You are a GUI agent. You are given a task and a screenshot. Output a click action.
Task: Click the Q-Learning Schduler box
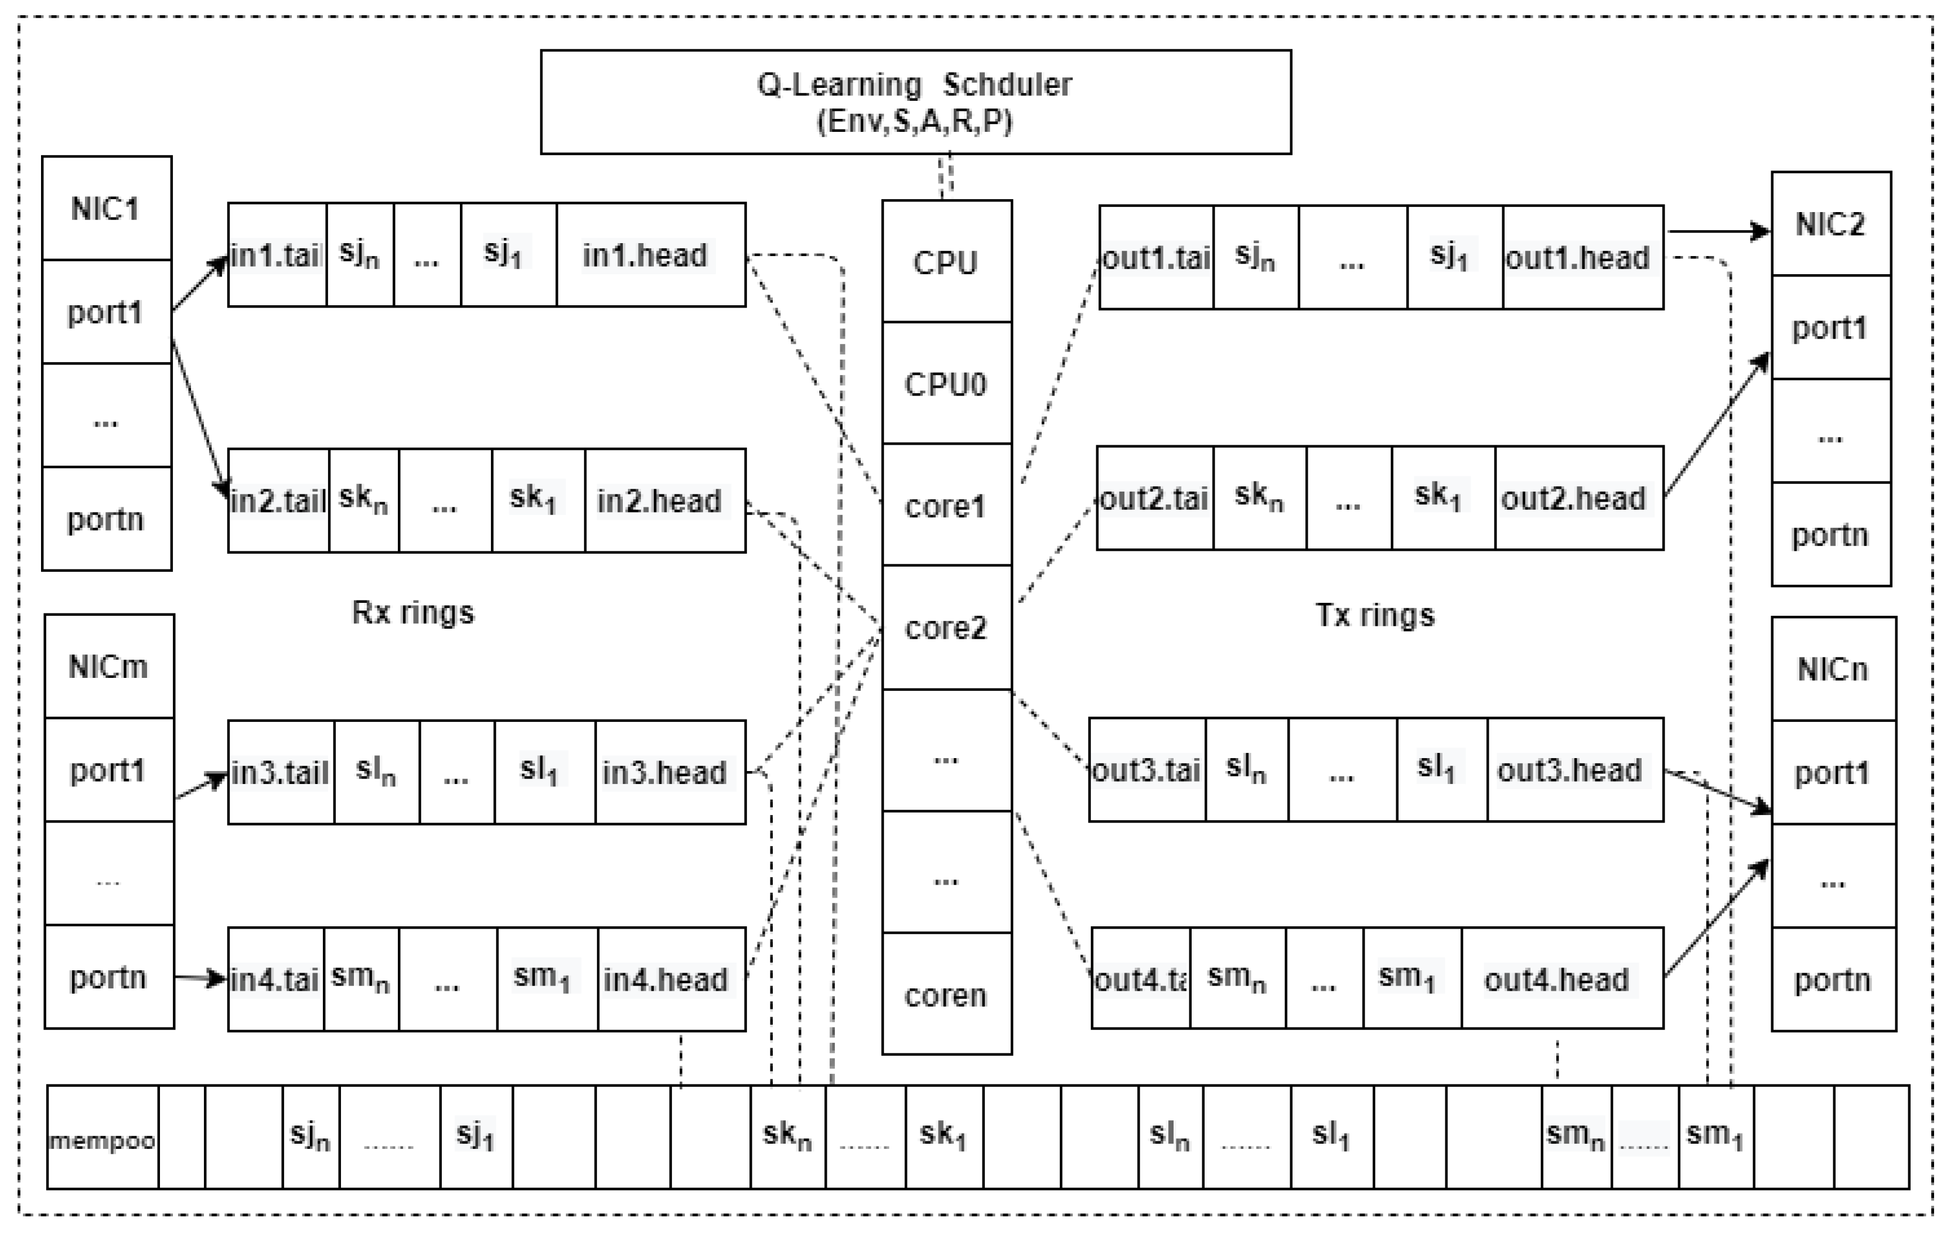(915, 102)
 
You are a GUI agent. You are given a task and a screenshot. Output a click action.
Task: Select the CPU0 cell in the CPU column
(946, 383)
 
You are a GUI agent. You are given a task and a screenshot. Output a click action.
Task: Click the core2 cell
(946, 627)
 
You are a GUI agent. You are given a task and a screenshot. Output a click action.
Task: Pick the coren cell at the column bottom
(946, 994)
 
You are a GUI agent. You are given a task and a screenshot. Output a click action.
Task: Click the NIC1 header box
(106, 209)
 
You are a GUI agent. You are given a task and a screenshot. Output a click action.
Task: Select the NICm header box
(109, 666)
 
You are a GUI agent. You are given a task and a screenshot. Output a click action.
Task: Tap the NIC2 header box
(1830, 224)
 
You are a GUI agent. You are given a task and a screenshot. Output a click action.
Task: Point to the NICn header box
(1833, 669)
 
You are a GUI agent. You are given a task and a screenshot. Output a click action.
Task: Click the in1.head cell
(650, 255)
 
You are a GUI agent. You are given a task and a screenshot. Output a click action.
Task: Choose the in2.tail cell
(278, 500)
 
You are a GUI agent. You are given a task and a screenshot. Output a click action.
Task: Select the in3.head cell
(670, 772)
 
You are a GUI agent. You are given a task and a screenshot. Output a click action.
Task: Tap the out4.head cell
(1561, 978)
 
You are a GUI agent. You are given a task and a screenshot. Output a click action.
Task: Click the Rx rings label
(412, 612)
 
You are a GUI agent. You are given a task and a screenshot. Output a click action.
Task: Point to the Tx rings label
(1375, 615)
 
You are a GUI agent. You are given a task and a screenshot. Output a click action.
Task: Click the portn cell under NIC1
(106, 519)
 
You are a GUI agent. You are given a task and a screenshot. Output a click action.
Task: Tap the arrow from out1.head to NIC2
(1716, 232)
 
